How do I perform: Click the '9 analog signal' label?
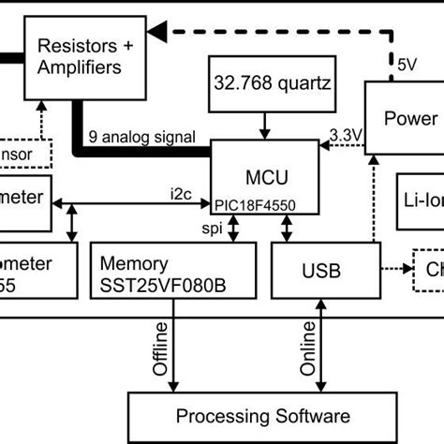click(x=141, y=137)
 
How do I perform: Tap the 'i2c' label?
click(x=181, y=193)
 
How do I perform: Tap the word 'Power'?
click(x=410, y=118)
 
